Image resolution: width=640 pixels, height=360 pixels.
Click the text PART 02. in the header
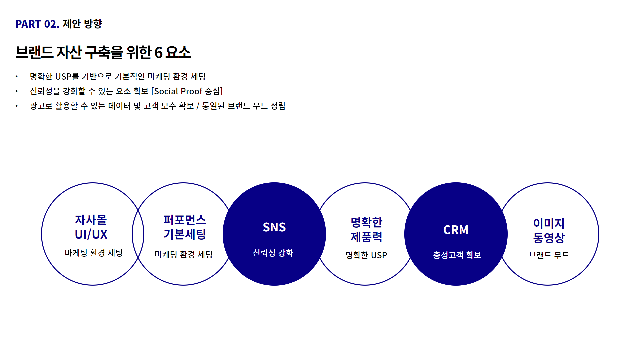pos(37,24)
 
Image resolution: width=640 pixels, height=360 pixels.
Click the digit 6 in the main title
pos(158,53)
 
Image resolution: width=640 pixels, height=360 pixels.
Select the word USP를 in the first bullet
pos(67,76)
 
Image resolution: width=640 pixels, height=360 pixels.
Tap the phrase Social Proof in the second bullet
pos(178,91)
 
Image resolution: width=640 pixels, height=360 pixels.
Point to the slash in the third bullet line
pos(198,106)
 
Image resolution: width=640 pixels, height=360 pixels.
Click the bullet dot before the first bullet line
pos(16,77)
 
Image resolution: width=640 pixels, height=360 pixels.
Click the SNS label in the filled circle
pos(274,227)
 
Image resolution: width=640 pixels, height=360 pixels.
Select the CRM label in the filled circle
pos(456,230)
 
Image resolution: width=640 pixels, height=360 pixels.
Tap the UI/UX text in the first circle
pos(91,235)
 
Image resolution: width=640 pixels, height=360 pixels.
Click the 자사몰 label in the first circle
pos(91,220)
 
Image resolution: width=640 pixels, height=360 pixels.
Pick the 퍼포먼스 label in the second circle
pos(185,220)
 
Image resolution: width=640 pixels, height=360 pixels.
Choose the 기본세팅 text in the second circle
pos(185,234)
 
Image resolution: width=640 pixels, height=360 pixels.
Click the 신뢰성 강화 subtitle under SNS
pos(273,253)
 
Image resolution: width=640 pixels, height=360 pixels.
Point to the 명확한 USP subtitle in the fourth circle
pos(366,255)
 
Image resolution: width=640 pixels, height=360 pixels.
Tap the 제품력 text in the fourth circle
pos(366,237)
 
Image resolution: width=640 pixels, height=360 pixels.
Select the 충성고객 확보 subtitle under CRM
pos(457,255)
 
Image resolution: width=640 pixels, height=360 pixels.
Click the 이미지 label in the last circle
pos(549,223)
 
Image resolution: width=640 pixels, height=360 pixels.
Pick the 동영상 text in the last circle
pos(549,238)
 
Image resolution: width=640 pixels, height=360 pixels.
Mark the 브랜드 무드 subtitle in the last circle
pos(549,255)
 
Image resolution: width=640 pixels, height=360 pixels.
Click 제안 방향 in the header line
pos(82,24)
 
